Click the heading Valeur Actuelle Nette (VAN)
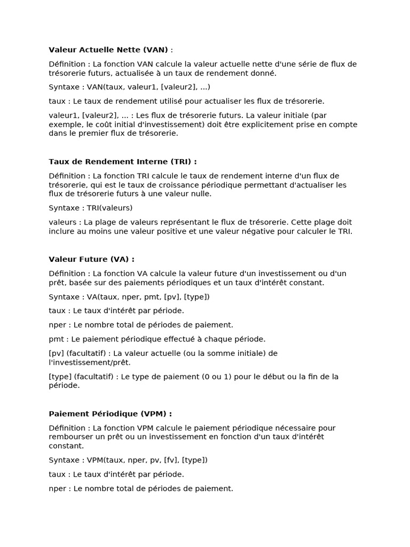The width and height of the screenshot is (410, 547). click(109, 50)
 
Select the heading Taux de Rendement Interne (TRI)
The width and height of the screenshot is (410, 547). click(122, 161)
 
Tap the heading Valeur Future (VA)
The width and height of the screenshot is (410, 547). click(91, 259)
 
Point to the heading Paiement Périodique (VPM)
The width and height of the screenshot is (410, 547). click(110, 413)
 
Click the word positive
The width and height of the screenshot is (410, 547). click(188, 231)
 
